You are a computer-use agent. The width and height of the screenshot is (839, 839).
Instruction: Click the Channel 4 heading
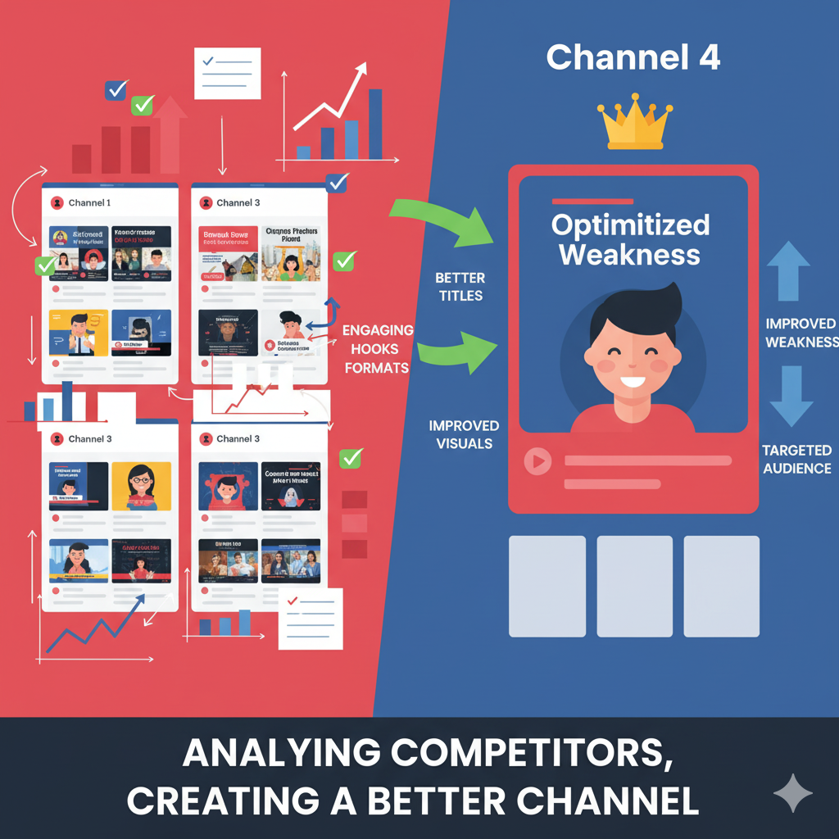click(633, 58)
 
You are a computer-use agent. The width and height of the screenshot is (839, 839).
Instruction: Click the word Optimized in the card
click(630, 225)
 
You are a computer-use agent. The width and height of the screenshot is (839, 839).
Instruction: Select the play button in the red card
click(537, 461)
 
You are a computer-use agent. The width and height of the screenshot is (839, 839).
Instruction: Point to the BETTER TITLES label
click(461, 287)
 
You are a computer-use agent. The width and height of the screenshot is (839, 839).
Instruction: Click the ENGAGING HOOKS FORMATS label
click(377, 349)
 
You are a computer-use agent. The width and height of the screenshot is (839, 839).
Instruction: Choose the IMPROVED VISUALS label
click(464, 434)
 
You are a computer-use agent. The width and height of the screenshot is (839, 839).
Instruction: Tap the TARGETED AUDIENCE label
click(796, 459)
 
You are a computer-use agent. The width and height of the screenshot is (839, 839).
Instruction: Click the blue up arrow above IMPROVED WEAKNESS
click(789, 270)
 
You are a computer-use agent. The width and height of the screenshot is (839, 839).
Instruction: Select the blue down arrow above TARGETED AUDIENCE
click(791, 396)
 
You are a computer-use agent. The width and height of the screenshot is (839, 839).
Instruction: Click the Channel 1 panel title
click(89, 202)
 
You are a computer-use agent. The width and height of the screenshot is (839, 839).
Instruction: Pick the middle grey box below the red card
click(635, 585)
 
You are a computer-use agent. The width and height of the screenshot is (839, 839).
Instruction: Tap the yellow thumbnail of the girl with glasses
click(141, 485)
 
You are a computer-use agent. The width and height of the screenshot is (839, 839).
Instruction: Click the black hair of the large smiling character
click(631, 307)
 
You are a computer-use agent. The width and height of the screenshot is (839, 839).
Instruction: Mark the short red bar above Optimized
click(592, 201)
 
